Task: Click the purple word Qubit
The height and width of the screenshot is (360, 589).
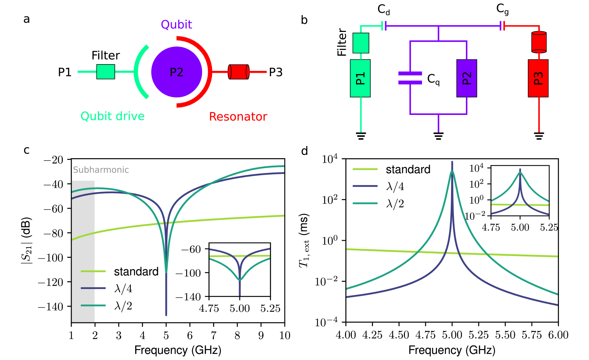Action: (176, 25)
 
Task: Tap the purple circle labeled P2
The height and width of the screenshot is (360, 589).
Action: (177, 72)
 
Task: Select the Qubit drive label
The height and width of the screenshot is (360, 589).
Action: (112, 116)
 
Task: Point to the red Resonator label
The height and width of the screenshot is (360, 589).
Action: (238, 117)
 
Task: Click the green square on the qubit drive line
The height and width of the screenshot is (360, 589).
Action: (106, 72)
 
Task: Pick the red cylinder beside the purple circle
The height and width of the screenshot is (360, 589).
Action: (239, 72)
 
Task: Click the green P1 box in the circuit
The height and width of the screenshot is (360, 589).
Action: (360, 78)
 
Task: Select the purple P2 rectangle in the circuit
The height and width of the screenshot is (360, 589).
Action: (467, 78)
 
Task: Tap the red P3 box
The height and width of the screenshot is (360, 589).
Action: (538, 78)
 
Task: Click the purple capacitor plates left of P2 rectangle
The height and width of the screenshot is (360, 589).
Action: (410, 78)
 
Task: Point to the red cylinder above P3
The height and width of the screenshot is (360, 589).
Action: (539, 42)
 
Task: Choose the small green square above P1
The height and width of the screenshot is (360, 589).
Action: (361, 43)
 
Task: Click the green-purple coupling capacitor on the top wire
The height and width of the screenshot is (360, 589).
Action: (384, 26)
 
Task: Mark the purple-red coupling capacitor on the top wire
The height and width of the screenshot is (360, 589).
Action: (502, 26)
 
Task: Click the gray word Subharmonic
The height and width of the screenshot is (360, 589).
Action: (101, 170)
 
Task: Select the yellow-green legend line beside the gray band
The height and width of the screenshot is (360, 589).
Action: (93, 271)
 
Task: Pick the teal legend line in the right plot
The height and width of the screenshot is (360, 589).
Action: (365, 203)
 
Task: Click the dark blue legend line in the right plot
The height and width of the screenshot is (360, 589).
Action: (365, 186)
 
